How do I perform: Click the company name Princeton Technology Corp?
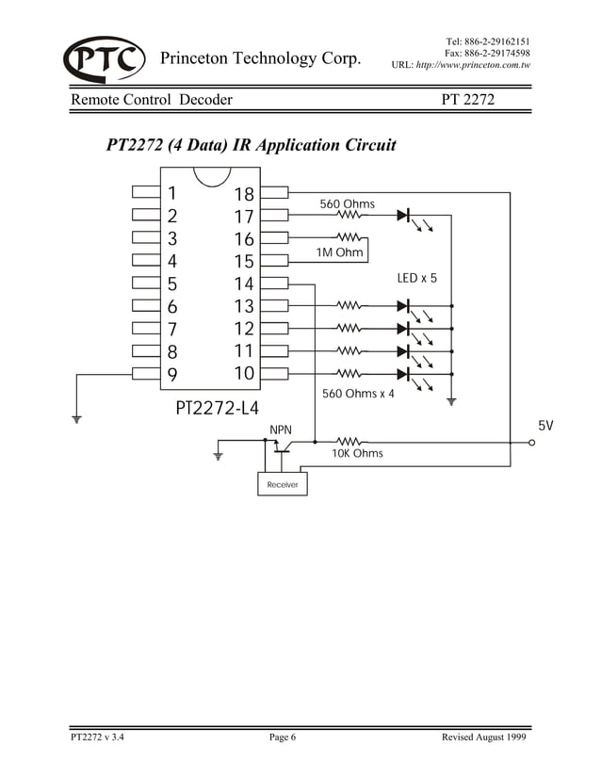[261, 59]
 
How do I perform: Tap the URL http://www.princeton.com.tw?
[461, 67]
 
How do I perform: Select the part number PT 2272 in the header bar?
[468, 99]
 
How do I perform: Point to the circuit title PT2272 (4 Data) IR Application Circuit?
[251, 146]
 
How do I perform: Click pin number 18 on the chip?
[244, 195]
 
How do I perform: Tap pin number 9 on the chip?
[171, 374]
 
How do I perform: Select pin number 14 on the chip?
[244, 284]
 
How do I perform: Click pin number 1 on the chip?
[171, 194]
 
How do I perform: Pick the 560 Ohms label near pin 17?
[347, 203]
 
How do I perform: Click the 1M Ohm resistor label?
[338, 252]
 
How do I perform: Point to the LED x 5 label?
[418, 279]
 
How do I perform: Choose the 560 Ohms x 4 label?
[359, 393]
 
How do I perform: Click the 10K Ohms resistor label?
[357, 453]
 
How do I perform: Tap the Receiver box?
[282, 484]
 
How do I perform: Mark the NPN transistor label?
[281, 430]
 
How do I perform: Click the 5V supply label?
[545, 426]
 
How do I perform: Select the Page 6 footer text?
[283, 737]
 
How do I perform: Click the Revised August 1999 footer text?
[483, 737]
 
